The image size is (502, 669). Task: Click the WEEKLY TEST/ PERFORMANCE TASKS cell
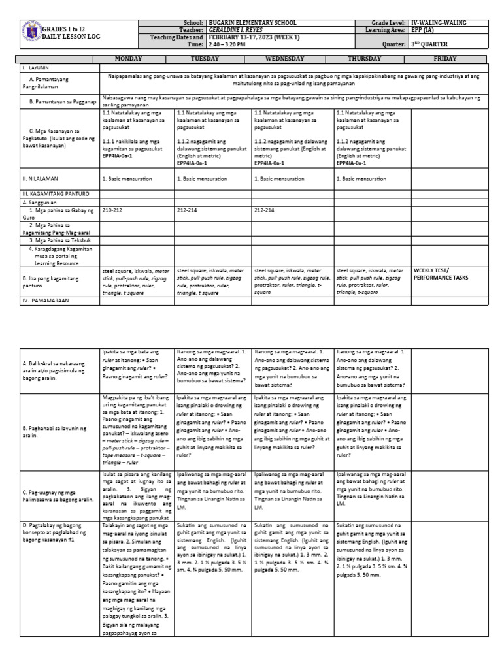click(440, 274)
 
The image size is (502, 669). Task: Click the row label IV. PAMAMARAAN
click(46, 300)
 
